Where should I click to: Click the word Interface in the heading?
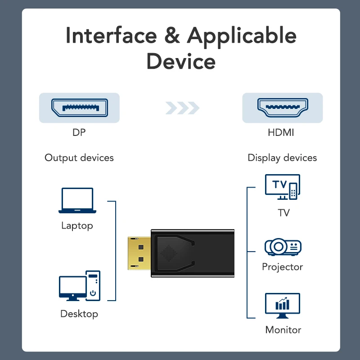coord(110,36)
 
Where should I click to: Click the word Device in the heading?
coord(181,61)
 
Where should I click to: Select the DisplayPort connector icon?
coord(79,108)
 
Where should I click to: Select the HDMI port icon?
coord(283,108)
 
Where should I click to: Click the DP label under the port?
coord(79,133)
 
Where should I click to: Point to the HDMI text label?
coord(282,133)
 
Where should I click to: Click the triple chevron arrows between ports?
coord(182,108)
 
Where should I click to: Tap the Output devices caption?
coord(79,158)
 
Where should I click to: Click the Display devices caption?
coord(282,158)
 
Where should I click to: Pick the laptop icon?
coord(77,201)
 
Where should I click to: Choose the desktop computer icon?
coord(80,286)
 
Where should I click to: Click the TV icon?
coord(282,187)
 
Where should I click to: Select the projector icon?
coord(283,247)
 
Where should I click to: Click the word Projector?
coord(283,267)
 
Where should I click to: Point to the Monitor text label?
coord(283,330)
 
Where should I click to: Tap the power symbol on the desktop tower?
coord(93,293)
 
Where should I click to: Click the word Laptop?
coord(77,225)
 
